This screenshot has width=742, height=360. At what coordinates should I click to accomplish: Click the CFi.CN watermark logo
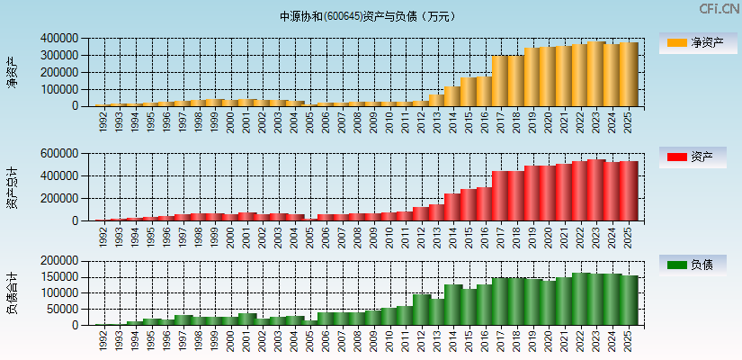pos(719,9)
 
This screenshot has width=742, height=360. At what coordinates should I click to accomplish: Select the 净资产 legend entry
pos(698,43)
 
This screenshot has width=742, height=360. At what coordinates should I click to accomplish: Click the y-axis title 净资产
pos(12,72)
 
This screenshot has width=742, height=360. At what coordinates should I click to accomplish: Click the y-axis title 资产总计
pos(12,186)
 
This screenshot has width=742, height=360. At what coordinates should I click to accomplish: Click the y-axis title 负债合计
pos(12,292)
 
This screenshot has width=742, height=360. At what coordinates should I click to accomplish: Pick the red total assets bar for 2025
pos(629,191)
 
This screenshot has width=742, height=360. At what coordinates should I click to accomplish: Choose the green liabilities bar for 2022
pos(580,299)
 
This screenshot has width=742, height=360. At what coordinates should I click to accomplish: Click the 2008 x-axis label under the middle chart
pos(359,237)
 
